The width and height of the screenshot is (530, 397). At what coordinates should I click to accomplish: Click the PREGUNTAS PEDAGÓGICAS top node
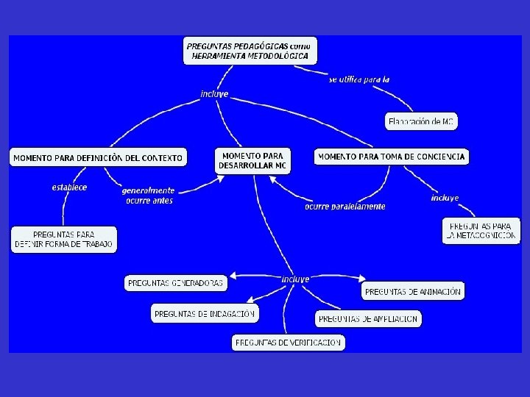250,51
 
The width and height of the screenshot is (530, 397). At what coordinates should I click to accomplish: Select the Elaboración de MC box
421,121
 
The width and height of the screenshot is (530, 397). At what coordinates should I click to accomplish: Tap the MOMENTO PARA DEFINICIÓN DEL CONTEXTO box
98,158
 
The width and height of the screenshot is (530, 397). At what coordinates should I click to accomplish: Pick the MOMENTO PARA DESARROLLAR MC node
252,161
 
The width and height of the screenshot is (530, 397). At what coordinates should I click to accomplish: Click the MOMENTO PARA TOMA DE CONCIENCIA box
392,157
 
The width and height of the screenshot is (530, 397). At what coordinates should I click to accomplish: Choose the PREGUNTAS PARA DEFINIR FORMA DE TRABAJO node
64,240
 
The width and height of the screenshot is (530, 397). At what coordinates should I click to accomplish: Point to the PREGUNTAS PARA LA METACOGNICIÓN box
479,231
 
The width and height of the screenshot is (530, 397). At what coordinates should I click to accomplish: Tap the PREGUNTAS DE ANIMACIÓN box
413,291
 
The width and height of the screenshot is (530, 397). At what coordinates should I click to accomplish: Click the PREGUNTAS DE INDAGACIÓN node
205,314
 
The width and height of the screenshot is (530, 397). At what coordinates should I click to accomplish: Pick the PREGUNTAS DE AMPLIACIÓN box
369,319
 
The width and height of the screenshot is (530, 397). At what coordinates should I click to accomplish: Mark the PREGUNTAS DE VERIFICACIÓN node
289,342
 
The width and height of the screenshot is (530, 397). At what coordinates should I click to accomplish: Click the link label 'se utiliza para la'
359,79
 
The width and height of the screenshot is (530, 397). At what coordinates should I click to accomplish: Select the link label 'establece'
69,187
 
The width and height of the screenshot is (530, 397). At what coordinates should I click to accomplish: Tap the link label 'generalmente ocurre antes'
148,195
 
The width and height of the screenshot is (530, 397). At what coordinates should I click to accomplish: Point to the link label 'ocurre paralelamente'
344,207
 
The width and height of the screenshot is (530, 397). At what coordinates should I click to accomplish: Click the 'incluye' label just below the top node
214,94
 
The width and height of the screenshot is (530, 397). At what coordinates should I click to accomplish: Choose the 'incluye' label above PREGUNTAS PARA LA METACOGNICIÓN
445,198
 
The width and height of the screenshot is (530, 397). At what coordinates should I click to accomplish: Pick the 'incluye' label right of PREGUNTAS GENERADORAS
295,279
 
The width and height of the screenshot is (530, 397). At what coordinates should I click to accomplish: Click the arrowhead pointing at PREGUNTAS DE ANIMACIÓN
361,279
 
